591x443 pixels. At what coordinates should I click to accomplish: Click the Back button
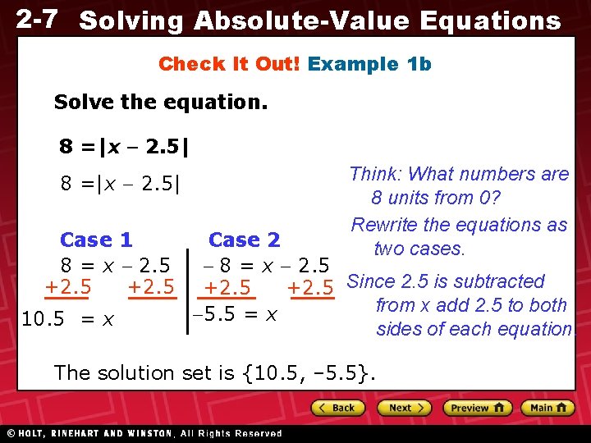coord(337,408)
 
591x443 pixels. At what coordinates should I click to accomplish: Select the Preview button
coord(477,408)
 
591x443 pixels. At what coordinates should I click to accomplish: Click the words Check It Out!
coord(229,64)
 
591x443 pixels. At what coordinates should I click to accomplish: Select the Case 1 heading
coord(96,240)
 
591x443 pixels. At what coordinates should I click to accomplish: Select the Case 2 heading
coord(244,240)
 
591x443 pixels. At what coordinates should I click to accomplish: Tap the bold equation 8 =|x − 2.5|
coord(124,147)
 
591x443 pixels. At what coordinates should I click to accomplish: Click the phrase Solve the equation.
coord(160,103)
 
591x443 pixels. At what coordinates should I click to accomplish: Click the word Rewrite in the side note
coord(385,225)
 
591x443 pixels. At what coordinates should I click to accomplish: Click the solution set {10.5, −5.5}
coord(309,373)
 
